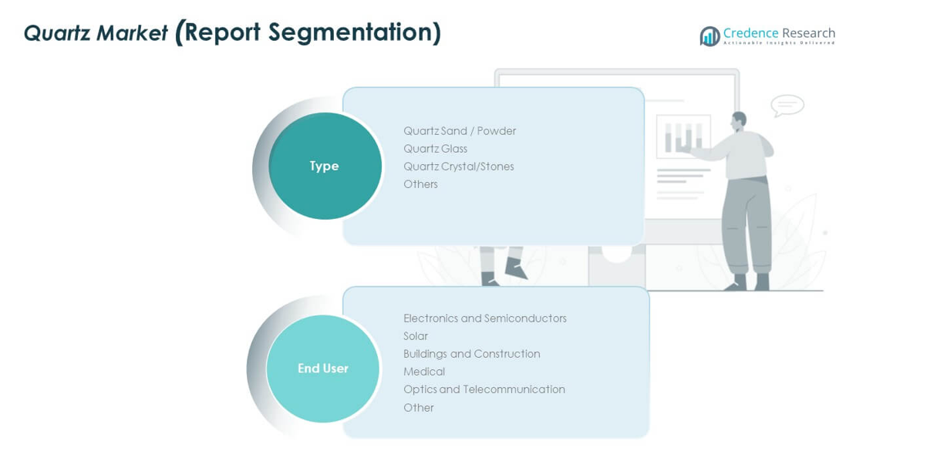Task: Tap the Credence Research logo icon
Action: (709, 36)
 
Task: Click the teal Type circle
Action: (325, 166)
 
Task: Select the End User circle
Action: (323, 369)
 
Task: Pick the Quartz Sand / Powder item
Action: (460, 131)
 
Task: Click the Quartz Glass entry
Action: (435, 149)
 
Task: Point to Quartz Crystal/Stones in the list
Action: (458, 167)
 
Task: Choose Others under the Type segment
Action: (420, 184)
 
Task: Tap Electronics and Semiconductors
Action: (484, 318)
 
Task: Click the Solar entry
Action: (416, 336)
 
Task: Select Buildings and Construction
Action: (471, 354)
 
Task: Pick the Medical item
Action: (424, 372)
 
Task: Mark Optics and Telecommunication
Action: (484, 389)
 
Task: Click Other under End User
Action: (419, 408)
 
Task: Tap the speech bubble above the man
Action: (787, 105)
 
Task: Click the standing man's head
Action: (739, 121)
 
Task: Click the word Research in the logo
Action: (808, 33)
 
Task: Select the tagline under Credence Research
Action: (779, 43)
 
